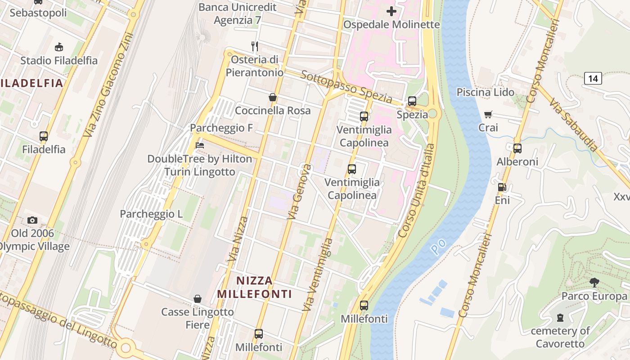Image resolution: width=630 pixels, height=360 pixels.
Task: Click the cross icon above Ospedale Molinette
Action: coord(391,11)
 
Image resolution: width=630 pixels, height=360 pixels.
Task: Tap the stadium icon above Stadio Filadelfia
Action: coord(58,47)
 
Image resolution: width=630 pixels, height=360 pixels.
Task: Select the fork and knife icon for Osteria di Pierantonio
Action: coord(255,46)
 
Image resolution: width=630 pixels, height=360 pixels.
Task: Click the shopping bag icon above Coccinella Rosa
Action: coord(272,97)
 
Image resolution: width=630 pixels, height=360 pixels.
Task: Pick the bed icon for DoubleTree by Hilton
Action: coord(200,145)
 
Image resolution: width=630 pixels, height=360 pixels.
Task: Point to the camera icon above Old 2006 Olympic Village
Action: coord(32,220)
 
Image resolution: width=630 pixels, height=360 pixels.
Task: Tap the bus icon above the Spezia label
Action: coord(412,101)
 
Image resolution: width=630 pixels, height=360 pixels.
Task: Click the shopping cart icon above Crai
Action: coord(488,115)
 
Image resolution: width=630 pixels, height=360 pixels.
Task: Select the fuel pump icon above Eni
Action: coord(502,187)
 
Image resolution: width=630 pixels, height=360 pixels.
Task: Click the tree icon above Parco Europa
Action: coord(594,283)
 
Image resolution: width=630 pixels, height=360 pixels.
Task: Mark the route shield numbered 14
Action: coord(593,79)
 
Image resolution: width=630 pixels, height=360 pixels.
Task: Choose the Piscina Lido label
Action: coord(485,92)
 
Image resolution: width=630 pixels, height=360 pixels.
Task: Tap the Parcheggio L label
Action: coord(151,214)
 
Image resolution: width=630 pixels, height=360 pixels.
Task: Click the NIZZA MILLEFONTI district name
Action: coord(255,288)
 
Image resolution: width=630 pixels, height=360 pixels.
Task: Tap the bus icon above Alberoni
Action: coord(517,148)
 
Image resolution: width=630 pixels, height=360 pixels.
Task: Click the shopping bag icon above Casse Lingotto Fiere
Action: coord(197,299)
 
